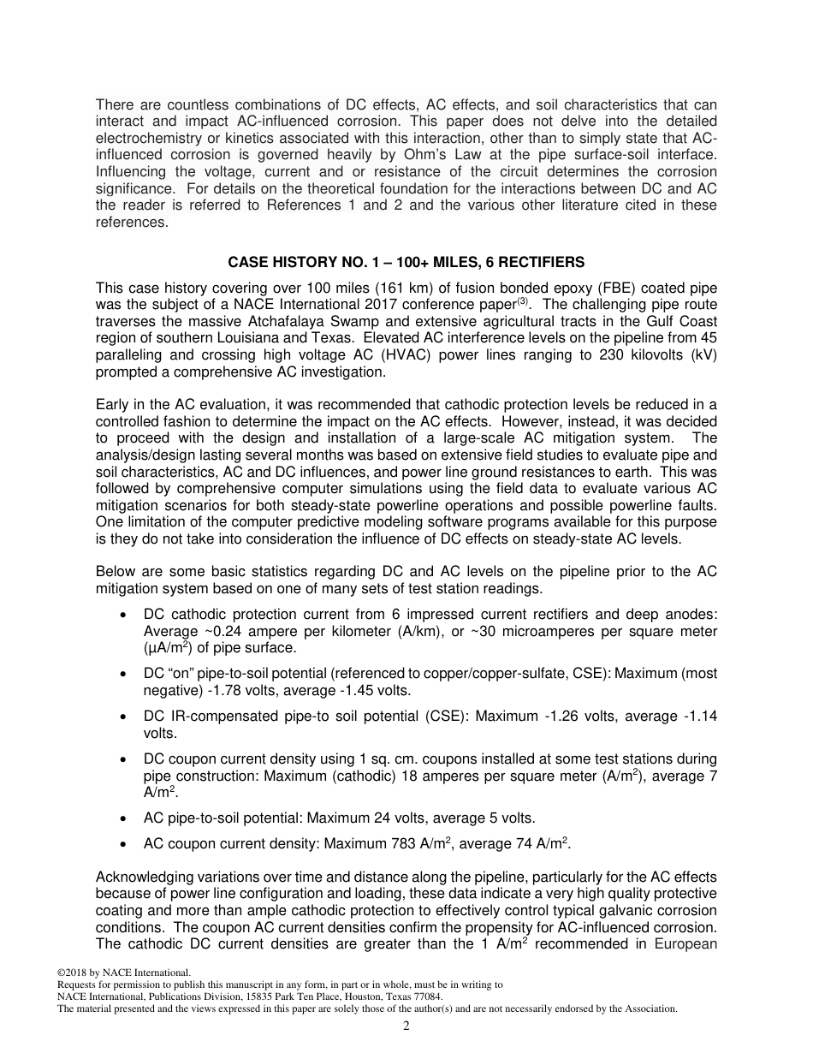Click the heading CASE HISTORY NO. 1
pos(406,261)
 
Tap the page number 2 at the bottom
pos(406,1026)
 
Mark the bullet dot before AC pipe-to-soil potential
pos(126,818)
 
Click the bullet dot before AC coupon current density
pos(126,844)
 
